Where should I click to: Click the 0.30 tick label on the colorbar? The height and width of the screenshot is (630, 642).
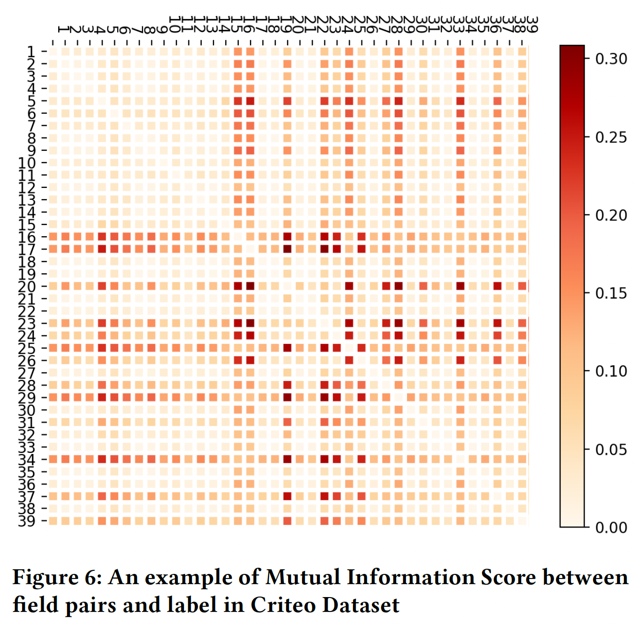pos(611,59)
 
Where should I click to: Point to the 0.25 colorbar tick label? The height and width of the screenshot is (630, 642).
pos(611,137)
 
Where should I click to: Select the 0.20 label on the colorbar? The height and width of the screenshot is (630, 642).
pos(611,215)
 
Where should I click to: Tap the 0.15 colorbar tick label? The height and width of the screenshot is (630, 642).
pos(611,293)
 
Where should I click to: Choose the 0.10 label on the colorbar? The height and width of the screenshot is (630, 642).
pos(611,371)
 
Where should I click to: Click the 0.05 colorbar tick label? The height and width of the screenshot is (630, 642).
pos(611,449)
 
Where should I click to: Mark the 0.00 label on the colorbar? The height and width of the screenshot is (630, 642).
pos(611,527)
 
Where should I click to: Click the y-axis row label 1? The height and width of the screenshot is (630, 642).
pos(31,51)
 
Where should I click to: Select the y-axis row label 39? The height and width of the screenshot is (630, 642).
pos(27,521)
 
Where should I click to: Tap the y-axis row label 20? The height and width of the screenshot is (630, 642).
pos(27,286)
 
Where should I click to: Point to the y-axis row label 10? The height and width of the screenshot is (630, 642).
pos(27,163)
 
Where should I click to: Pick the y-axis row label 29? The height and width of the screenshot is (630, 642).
pos(27,397)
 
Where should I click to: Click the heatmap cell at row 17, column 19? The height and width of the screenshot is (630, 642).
pos(287,249)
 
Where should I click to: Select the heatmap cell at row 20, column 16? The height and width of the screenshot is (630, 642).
pos(250,286)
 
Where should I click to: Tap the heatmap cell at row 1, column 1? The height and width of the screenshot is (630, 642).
pos(52,51)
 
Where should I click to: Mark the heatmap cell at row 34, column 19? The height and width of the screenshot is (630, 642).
pos(287,459)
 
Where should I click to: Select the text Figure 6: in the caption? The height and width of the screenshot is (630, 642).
pos(57,577)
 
